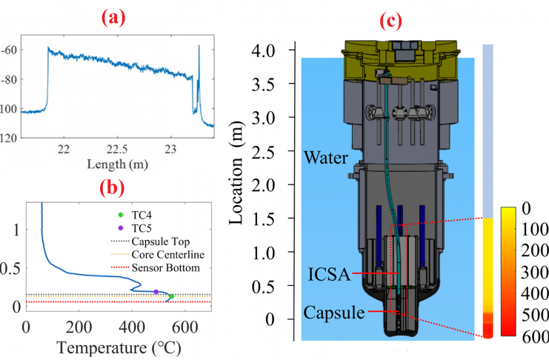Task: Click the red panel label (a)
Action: pos(114,16)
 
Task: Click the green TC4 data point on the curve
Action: pos(171,296)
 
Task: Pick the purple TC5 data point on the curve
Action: pos(156,292)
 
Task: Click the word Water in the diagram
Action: pos(324,158)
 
